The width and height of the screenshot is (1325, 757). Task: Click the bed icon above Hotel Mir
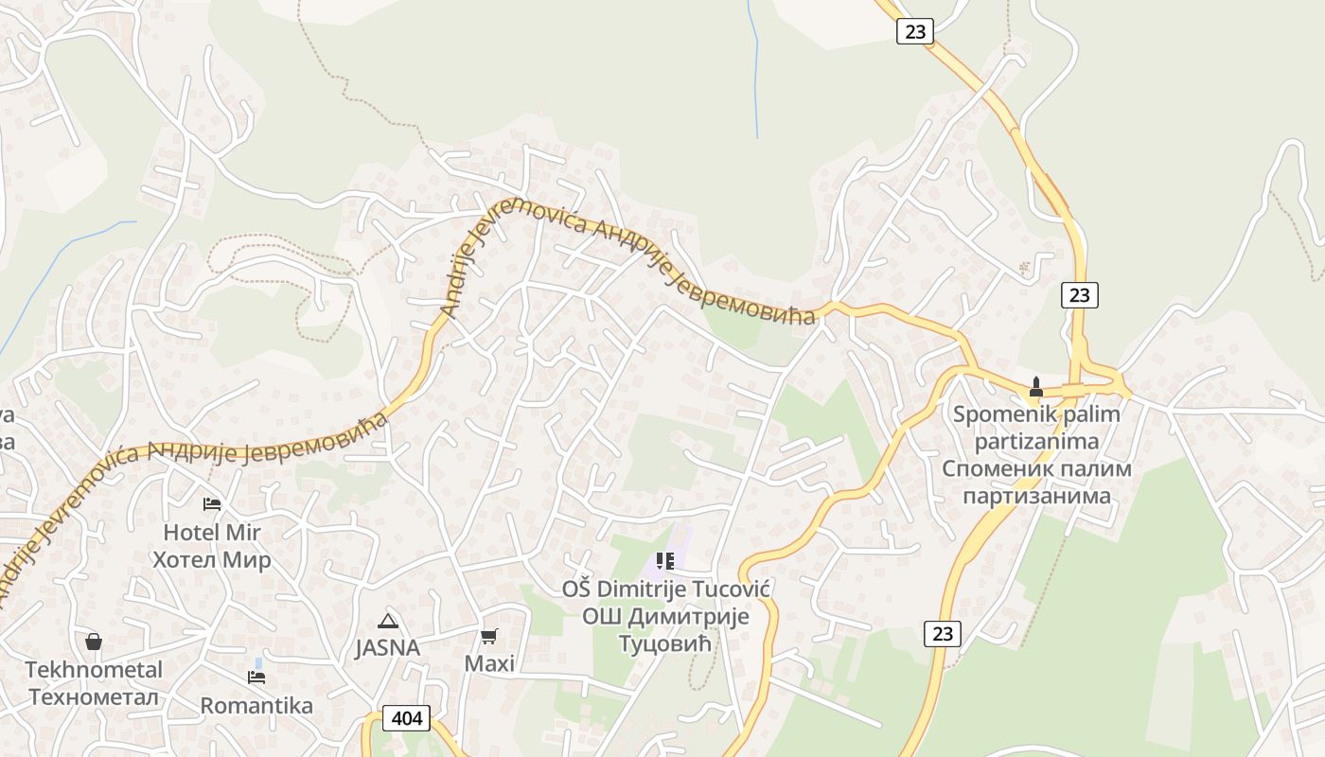(212, 504)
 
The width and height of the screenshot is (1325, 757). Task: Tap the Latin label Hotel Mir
(212, 532)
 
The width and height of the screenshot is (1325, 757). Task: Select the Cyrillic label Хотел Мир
(212, 559)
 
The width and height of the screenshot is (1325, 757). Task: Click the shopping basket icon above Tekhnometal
(94, 642)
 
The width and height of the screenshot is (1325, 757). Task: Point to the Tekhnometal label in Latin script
(94, 670)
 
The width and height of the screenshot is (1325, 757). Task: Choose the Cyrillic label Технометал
(94, 697)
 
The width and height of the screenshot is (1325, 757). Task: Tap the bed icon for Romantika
(256, 677)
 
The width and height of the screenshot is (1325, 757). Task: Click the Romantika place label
(256, 705)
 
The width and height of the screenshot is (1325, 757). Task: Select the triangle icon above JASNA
(387, 621)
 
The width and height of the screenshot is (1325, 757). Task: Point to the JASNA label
(387, 648)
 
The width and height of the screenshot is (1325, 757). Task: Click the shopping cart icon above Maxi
(489, 636)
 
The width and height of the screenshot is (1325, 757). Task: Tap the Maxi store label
(489, 663)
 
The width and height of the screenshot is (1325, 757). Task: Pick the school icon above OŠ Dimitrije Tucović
(665, 561)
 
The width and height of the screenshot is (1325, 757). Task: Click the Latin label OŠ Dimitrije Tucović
(665, 590)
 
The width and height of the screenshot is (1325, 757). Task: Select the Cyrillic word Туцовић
(665, 644)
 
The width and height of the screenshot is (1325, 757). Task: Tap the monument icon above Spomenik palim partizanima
(1036, 387)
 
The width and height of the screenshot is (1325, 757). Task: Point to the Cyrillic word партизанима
(1036, 496)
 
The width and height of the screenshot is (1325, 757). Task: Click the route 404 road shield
(407, 718)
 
